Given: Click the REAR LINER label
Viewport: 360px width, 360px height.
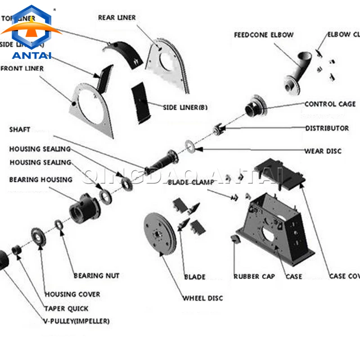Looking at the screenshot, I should pos(117,18).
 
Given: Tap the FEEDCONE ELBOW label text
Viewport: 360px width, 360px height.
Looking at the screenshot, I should pos(264,35).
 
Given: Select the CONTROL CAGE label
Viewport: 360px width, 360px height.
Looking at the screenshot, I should pos(330,104).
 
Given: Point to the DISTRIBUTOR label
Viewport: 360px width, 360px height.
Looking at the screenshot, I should pos(327,128).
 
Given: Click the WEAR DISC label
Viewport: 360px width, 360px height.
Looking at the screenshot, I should pos(323,151).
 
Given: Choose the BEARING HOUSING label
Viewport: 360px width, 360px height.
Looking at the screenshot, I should pos(40,180).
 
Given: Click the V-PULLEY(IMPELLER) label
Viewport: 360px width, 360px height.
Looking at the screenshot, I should pos(76,321).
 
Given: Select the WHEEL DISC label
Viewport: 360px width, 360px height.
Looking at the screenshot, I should pos(202,298).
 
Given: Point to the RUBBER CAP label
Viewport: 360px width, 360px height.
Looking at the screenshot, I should pos(254,276).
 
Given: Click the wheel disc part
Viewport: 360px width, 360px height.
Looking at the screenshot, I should pos(160,234).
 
